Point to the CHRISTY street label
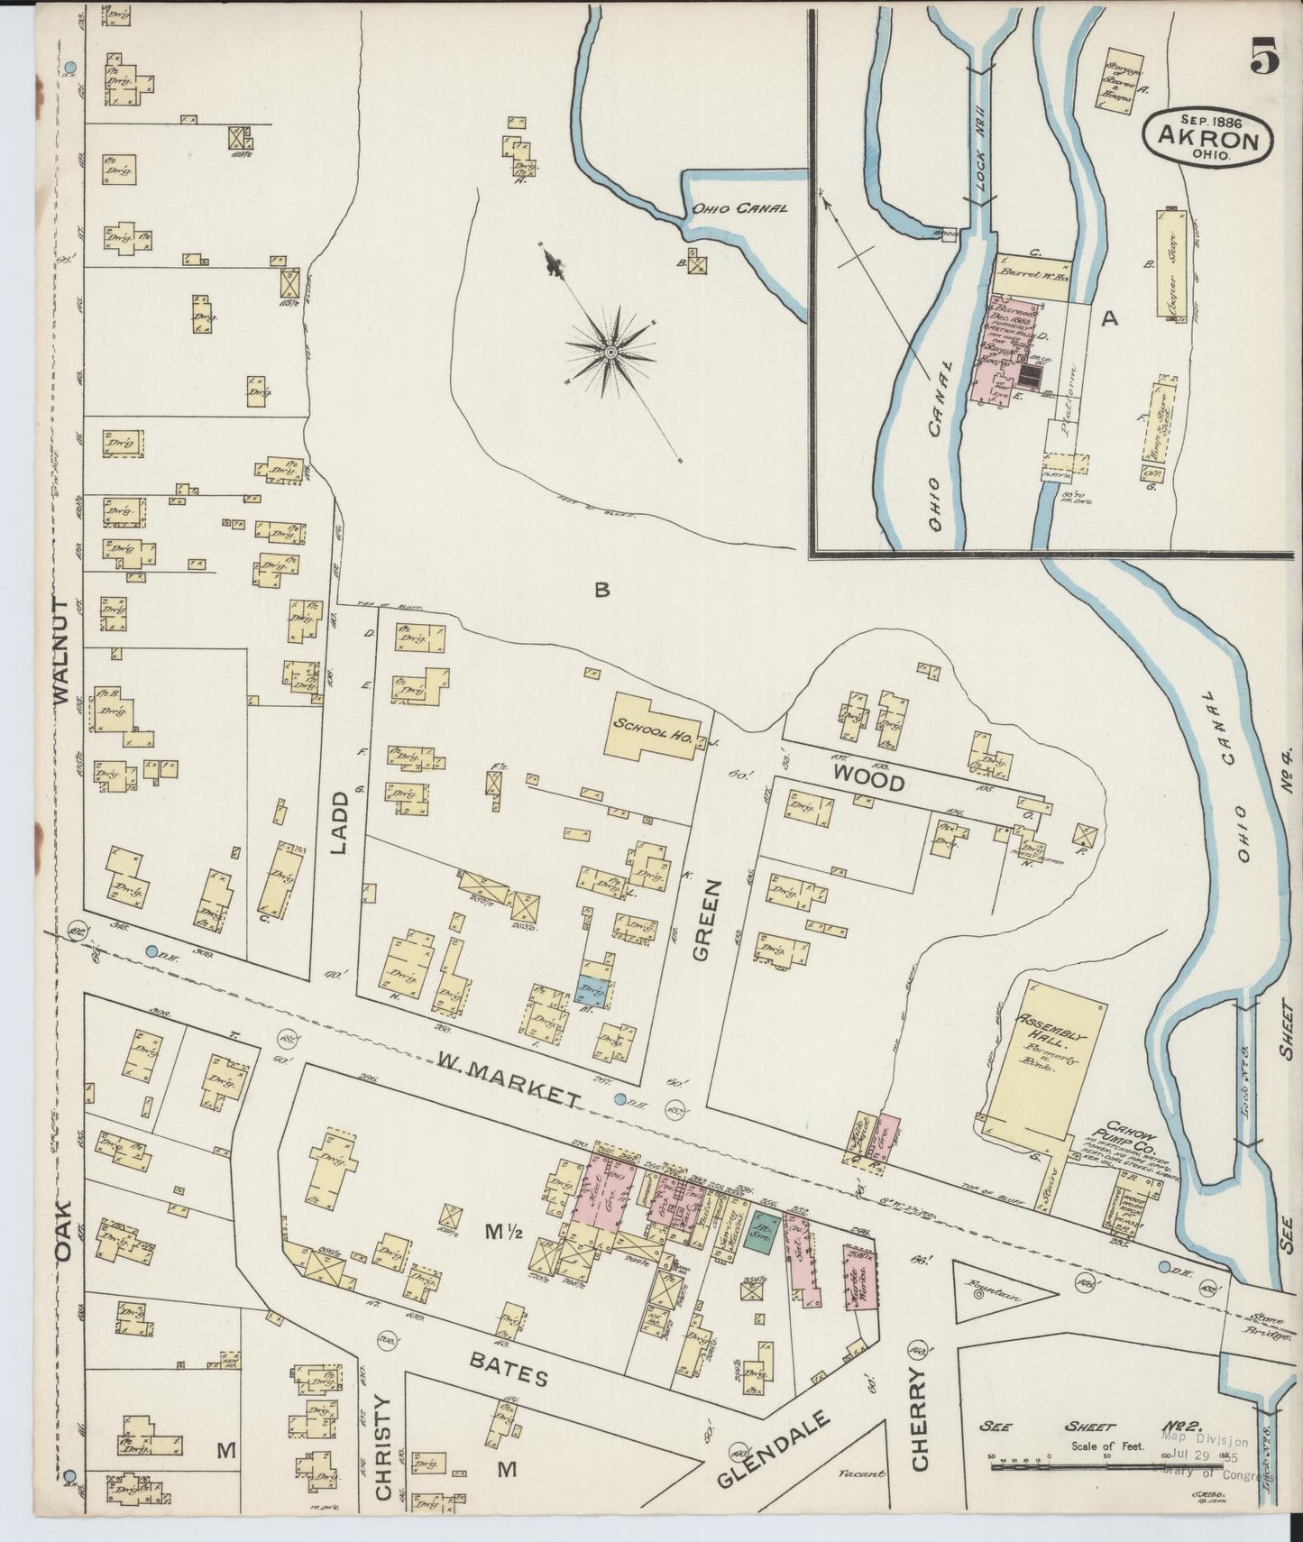[383, 1460]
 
